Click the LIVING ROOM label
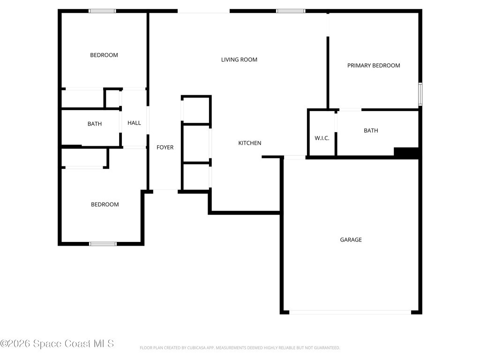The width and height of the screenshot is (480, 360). coord(239,60)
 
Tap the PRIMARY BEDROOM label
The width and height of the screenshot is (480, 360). coord(374,66)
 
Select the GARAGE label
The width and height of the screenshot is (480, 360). coord(351,240)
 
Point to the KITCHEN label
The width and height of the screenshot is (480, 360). coord(250,143)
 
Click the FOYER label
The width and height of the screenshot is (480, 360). coord(165,147)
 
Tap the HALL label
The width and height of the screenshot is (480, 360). coord(134,123)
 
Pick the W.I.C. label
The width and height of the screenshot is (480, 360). coord(322,138)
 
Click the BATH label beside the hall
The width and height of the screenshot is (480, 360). coord(95,124)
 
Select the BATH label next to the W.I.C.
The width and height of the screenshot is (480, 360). coord(371,130)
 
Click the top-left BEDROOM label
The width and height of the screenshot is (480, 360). coord(104,55)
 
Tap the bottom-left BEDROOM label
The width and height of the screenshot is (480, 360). coord(105,204)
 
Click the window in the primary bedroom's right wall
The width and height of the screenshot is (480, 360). coord(420,94)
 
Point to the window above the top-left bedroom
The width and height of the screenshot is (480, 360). coord(103,11)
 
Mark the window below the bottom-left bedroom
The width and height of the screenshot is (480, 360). coord(103,244)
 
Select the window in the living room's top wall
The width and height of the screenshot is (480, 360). coord(291,11)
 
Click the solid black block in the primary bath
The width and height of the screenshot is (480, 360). coord(406,152)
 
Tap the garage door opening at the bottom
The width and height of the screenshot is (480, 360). coord(350,313)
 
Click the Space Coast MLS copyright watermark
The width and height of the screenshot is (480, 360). coord(57,344)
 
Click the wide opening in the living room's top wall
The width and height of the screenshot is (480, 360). coord(203,11)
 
